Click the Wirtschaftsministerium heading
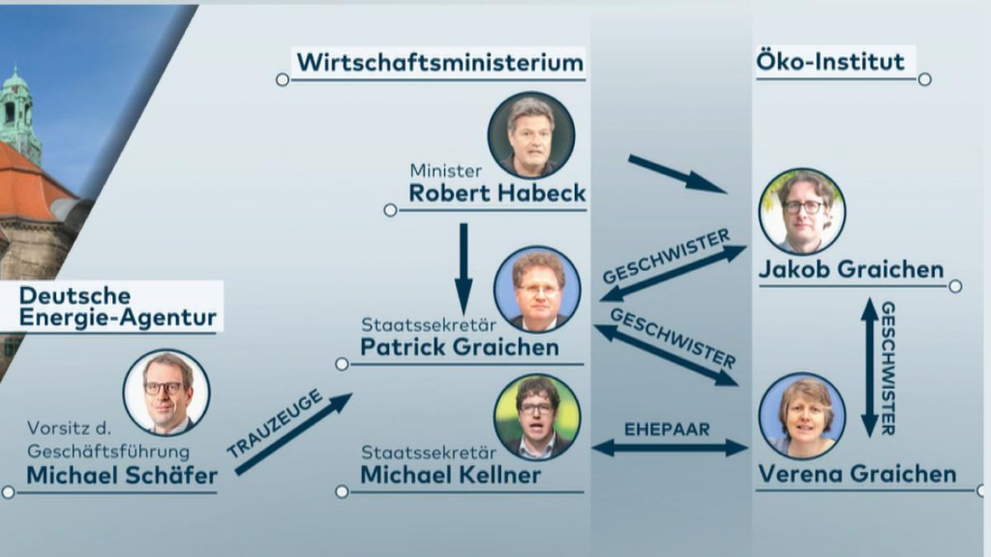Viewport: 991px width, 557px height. point(440,63)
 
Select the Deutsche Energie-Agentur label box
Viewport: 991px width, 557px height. point(112,307)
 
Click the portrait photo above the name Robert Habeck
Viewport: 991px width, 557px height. point(531,135)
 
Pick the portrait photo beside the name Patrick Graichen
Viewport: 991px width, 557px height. point(537,289)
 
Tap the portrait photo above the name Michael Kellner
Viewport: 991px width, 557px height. point(537,418)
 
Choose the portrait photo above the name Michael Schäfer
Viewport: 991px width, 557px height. point(166,393)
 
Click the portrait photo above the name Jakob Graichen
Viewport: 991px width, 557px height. point(802,212)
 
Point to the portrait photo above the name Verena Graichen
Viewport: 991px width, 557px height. point(802,416)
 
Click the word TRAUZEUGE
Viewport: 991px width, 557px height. point(275,424)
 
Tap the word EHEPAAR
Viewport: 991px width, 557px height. point(667,429)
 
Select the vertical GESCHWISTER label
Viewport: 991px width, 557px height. point(888,368)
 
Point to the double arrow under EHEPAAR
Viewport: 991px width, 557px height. point(670,449)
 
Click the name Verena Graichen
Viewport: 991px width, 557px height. point(857,474)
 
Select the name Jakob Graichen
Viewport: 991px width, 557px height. point(851,270)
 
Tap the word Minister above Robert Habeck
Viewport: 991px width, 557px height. point(445,170)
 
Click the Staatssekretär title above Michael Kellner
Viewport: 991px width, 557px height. point(429,453)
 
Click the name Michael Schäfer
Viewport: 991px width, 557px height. point(122,476)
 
